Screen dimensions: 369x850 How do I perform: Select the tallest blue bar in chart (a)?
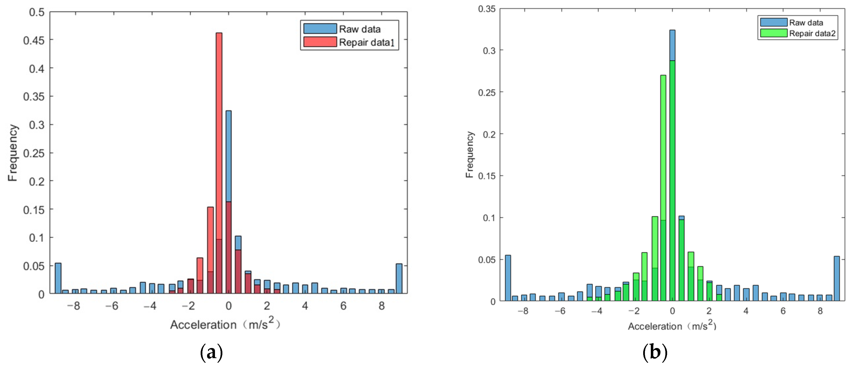click(x=228, y=155)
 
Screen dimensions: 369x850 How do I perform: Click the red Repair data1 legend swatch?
click(x=320, y=42)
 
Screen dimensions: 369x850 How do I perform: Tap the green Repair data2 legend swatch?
click(x=773, y=33)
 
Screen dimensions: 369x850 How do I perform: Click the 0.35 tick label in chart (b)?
click(x=487, y=9)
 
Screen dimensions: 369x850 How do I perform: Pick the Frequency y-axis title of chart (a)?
click(x=13, y=153)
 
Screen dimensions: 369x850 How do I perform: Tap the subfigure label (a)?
click(x=211, y=352)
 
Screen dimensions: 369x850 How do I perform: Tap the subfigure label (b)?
click(x=655, y=352)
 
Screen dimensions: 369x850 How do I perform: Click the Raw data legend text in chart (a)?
click(x=360, y=29)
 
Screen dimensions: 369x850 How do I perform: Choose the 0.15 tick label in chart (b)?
click(x=487, y=176)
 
